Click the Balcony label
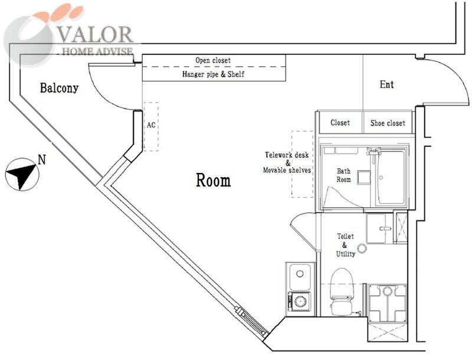[59, 88]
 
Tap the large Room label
[214, 181]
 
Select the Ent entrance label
[387, 84]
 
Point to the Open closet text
[213, 60]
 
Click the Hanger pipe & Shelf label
[213, 74]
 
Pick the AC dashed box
[151, 126]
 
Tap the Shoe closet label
[388, 123]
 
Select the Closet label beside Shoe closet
[340, 123]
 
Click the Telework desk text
[287, 155]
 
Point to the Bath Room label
[343, 175]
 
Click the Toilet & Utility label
[345, 245]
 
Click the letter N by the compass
[42, 159]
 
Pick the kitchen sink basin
[300, 276]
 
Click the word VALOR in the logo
[95, 35]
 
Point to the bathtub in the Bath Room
[391, 177]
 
